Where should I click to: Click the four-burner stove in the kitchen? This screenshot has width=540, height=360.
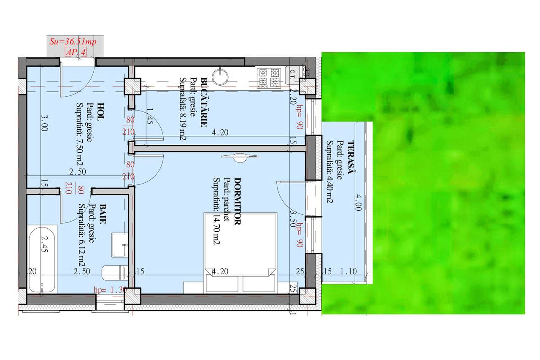click(x=269, y=78)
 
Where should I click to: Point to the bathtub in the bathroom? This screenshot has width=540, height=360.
click(x=42, y=260)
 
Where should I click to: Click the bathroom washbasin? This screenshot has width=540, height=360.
click(x=119, y=244)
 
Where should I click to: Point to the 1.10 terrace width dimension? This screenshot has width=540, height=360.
click(x=348, y=271)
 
